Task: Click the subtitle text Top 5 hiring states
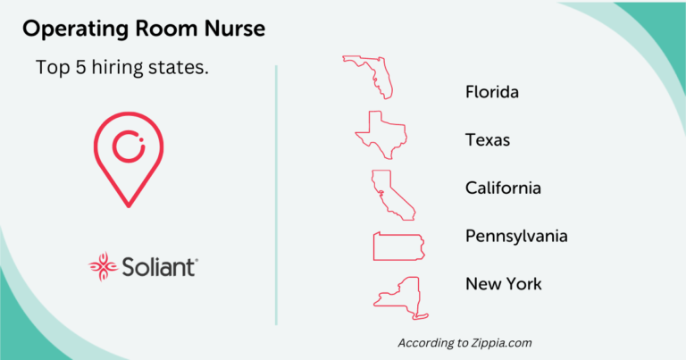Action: (122, 68)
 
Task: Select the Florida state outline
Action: (369, 75)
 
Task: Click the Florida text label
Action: (492, 92)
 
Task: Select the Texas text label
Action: (488, 140)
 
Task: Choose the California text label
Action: (503, 188)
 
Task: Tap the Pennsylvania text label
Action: (516, 236)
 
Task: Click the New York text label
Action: (503, 284)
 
